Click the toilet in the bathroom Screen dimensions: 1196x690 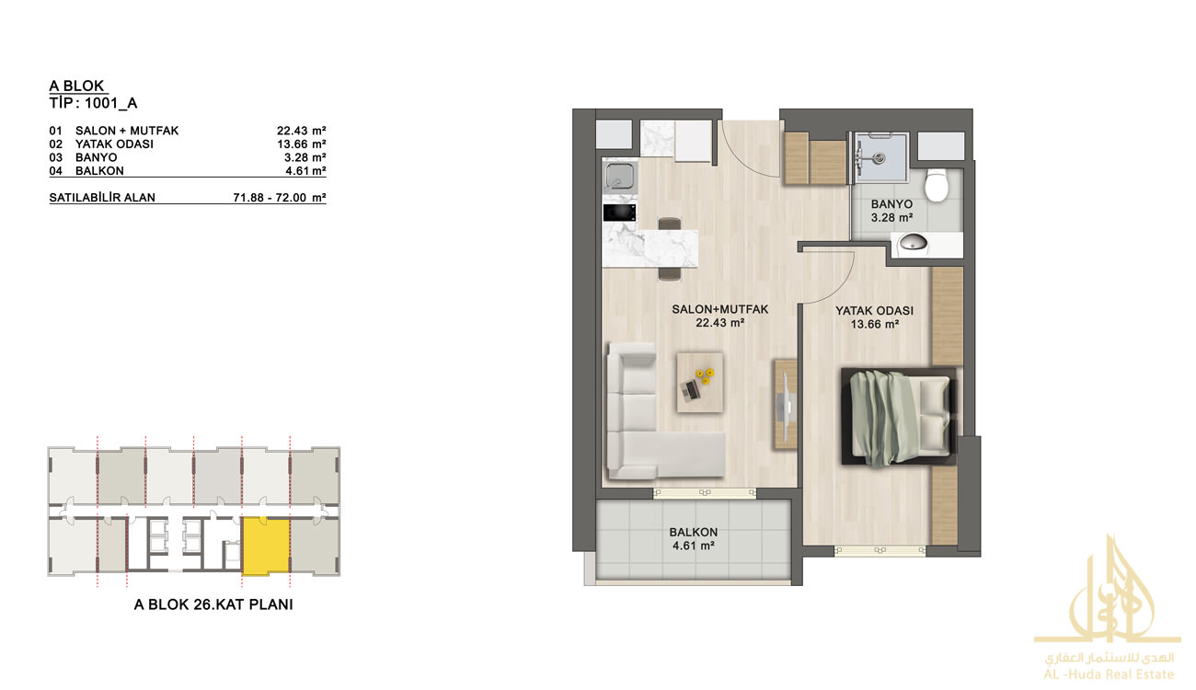[x=936, y=185]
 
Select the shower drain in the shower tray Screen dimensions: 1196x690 [x=880, y=157]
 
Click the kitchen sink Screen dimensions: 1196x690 [x=619, y=176]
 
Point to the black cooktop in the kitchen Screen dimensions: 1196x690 [x=619, y=212]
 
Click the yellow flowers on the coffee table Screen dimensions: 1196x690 [x=705, y=375]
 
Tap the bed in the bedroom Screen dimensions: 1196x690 [x=899, y=418]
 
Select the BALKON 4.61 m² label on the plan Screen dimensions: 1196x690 [x=693, y=539]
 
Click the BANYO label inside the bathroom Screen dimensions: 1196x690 [x=891, y=204]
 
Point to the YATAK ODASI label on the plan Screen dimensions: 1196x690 [x=875, y=311]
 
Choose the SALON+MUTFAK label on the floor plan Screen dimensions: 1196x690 [x=719, y=309]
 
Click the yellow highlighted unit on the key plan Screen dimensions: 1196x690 [x=266, y=546]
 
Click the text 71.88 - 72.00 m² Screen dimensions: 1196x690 [x=280, y=198]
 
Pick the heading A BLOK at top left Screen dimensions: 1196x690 [x=77, y=86]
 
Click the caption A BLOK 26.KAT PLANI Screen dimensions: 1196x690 [x=213, y=604]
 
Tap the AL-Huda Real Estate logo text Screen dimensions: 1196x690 [x=1109, y=674]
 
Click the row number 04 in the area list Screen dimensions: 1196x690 [x=55, y=171]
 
